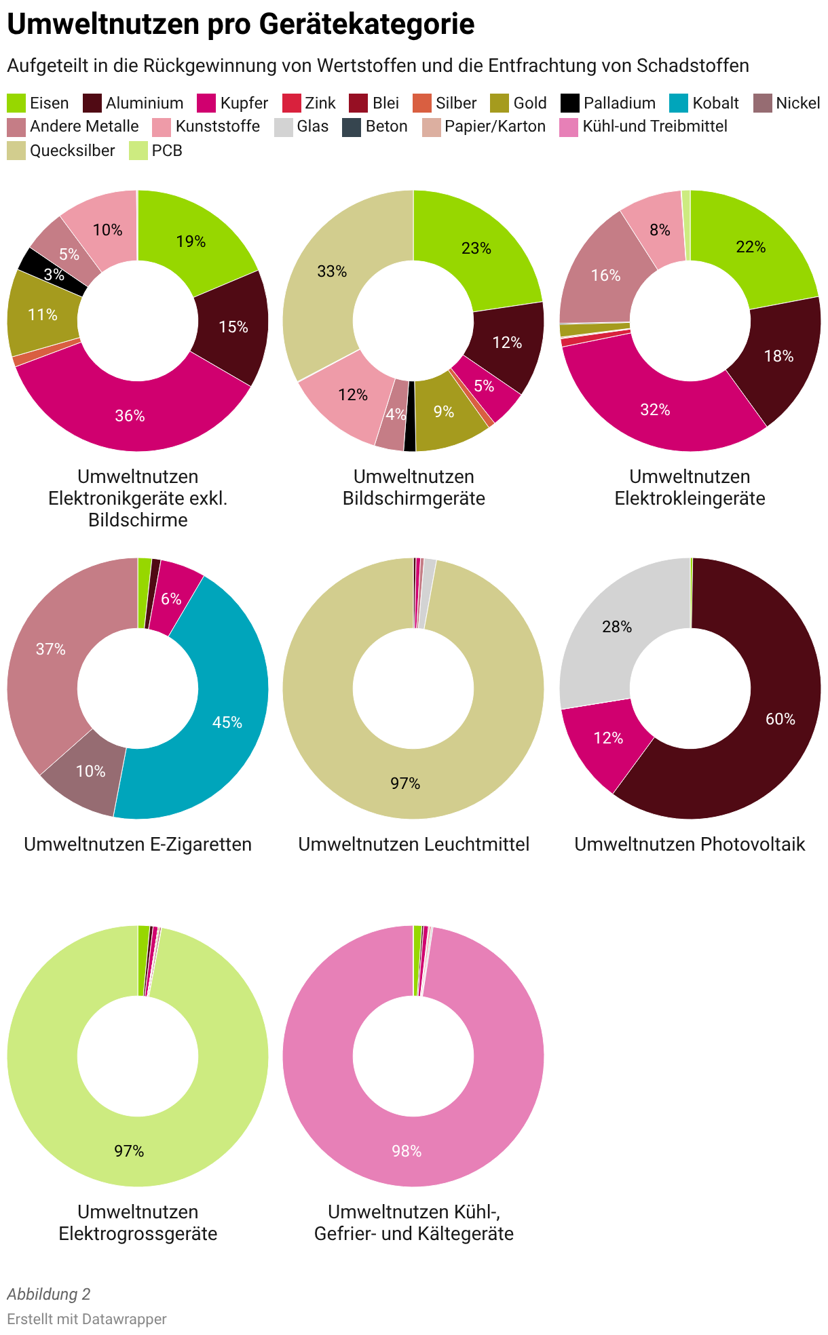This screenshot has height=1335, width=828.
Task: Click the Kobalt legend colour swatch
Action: tap(679, 103)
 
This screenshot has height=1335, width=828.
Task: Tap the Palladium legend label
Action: tap(620, 103)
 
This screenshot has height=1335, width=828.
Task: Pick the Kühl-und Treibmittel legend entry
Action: tap(643, 127)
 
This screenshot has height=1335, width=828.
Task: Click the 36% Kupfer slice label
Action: tap(130, 416)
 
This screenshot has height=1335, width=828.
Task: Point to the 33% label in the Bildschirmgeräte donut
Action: tap(332, 271)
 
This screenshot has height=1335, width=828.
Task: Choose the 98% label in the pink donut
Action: tap(407, 1151)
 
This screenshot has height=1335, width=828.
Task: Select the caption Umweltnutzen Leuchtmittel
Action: tap(414, 845)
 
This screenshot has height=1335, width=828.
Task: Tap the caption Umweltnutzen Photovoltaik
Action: tap(690, 845)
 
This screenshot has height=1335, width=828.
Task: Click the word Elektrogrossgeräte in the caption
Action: tap(138, 1233)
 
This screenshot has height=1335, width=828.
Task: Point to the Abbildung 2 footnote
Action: tap(49, 1294)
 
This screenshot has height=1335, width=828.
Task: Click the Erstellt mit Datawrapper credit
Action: tap(87, 1319)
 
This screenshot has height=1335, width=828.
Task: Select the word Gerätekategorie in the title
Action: tap(367, 25)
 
